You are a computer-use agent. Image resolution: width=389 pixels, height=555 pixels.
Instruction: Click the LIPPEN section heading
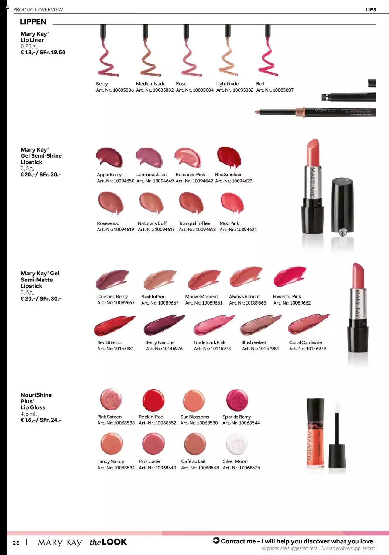point(33,22)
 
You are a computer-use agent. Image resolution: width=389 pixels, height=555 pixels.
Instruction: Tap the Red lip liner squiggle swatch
point(268,58)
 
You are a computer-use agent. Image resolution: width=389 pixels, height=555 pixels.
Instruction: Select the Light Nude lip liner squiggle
point(228,58)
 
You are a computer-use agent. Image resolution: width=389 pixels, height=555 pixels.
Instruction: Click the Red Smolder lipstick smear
point(229,157)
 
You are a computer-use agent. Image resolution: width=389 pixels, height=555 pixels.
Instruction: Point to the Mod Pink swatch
point(232,203)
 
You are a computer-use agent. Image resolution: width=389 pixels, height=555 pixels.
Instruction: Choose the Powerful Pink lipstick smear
point(290,276)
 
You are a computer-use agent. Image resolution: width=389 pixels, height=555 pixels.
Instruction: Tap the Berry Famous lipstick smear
point(164,325)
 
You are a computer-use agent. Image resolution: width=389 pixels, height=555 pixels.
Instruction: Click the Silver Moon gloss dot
point(237,444)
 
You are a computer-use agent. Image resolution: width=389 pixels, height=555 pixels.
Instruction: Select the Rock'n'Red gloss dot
point(153,400)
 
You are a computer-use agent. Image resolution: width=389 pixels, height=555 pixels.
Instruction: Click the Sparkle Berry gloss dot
point(237,400)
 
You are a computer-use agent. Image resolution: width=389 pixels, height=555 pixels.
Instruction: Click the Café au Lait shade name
point(193,461)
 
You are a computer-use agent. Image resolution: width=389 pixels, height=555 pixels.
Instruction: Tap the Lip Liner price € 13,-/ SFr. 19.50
point(43,52)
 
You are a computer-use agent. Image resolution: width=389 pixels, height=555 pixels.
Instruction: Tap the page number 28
point(16,543)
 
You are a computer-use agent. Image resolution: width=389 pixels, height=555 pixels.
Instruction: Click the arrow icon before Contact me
point(216,540)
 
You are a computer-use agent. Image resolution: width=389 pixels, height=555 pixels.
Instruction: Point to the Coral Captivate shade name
point(305,342)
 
